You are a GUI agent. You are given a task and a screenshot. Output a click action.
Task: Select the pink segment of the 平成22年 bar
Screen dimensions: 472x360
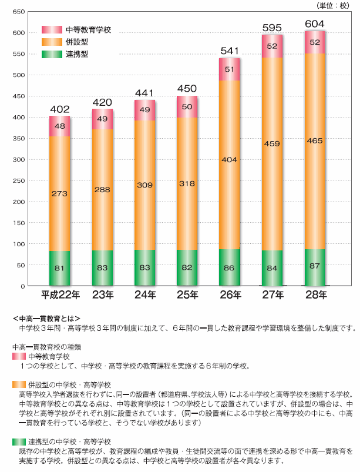tap(60, 126)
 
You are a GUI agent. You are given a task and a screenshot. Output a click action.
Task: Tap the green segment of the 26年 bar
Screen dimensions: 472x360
tap(229, 267)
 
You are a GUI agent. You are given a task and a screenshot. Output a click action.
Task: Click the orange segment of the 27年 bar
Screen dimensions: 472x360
tap(272, 153)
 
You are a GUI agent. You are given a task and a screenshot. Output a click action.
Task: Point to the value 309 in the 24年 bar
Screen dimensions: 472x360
tap(145, 185)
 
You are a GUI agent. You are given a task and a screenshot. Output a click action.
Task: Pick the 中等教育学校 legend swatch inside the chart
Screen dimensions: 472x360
tap(52, 29)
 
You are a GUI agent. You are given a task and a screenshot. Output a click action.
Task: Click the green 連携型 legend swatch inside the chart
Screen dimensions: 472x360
tap(52, 54)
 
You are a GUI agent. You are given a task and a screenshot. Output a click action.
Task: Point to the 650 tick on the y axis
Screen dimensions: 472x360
tap(17, 12)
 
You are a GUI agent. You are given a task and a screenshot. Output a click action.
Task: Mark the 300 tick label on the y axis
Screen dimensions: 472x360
tap(17, 159)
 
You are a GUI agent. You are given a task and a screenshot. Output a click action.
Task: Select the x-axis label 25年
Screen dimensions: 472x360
tap(187, 294)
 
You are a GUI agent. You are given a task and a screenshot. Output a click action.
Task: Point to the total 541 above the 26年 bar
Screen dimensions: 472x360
tap(229, 51)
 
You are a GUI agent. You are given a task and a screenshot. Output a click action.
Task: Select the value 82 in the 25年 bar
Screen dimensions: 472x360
tap(187, 268)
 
